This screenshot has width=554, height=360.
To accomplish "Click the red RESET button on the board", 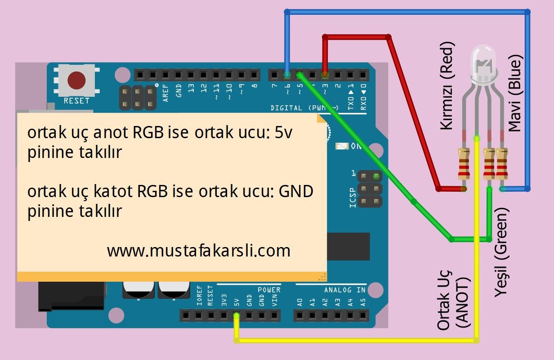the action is (76, 81).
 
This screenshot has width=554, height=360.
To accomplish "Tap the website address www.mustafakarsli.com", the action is (199, 251).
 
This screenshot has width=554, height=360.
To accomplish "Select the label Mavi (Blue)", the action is (515, 93).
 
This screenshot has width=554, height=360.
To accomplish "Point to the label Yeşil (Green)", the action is (501, 252).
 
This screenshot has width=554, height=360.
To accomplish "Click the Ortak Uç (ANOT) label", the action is (454, 300).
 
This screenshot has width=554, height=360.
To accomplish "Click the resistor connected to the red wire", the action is (464, 163).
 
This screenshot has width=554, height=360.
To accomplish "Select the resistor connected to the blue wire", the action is (502, 163).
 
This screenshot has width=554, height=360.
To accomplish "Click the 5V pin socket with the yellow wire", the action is (237, 315).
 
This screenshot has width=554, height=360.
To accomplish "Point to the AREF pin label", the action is (165, 93).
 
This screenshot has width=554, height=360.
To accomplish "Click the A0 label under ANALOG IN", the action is (299, 302).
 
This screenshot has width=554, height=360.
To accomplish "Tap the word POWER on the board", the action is (269, 290).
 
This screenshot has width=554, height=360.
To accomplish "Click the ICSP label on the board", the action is (353, 198).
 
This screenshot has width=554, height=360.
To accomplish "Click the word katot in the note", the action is (113, 191).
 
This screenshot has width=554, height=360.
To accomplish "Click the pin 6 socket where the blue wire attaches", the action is (287, 74).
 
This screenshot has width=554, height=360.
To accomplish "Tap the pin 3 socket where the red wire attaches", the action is (325, 74).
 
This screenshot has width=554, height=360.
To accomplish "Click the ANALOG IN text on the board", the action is (345, 290).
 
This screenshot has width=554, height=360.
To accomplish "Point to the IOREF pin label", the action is (199, 295).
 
